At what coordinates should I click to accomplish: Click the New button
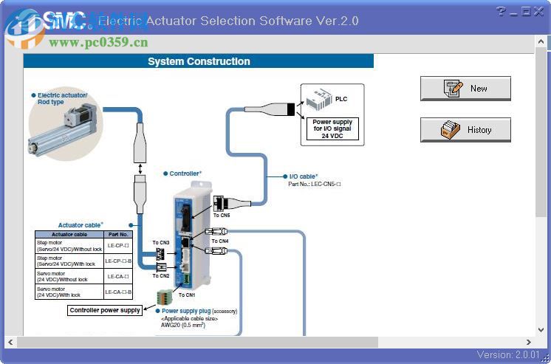[x=465, y=89]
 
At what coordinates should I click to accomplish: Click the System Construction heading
[x=199, y=61]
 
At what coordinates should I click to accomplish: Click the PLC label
[x=340, y=99]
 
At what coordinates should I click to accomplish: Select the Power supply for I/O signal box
[x=332, y=129]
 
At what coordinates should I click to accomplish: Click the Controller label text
[x=185, y=174]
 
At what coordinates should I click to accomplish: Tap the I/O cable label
[x=303, y=176]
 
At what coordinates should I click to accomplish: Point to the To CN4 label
[x=219, y=241]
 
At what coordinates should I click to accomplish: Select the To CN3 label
[x=161, y=242]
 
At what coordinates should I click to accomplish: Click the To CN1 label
[x=186, y=295]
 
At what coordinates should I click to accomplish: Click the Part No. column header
[x=118, y=234]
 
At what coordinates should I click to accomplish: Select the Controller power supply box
[x=105, y=310]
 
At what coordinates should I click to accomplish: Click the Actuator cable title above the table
[x=81, y=224]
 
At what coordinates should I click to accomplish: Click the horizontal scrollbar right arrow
[x=529, y=343]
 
